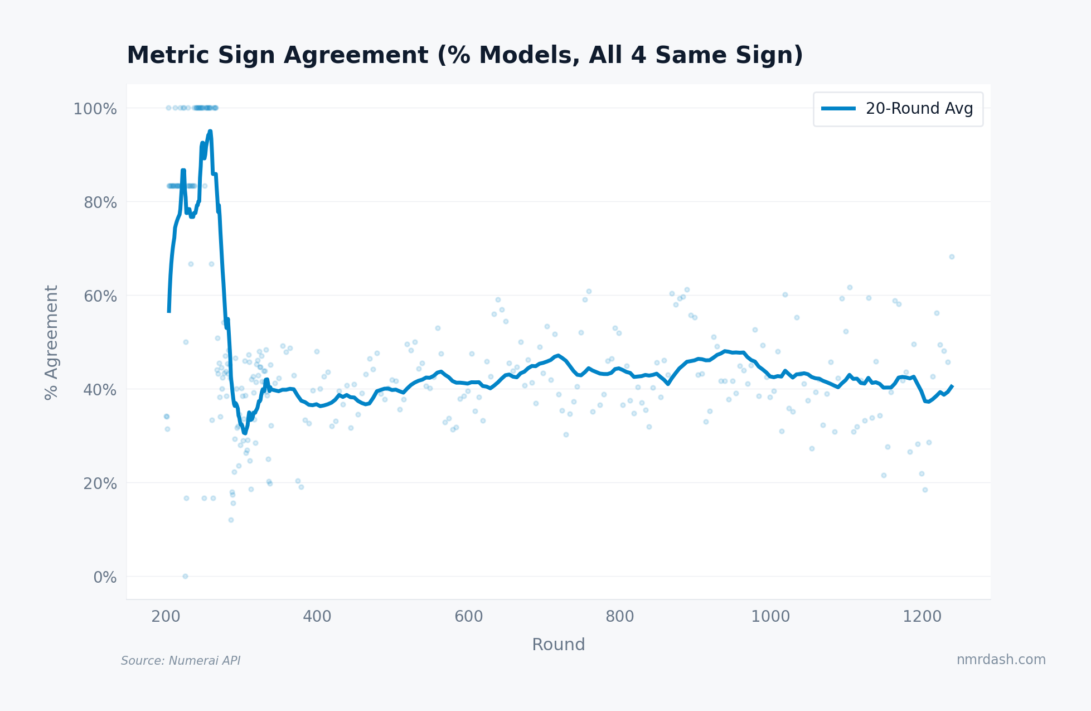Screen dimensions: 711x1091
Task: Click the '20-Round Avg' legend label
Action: pos(919,109)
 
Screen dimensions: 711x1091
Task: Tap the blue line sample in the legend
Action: pos(838,109)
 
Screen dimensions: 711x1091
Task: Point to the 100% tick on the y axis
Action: pos(95,109)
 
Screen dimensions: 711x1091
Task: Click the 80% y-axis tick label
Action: pos(100,202)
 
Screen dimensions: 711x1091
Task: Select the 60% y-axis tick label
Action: pos(100,296)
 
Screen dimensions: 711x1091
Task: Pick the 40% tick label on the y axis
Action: pos(100,390)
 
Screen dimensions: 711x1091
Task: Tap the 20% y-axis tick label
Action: pos(100,483)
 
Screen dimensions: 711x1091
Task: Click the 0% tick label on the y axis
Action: pos(105,577)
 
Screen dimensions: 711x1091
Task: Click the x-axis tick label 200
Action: pos(166,617)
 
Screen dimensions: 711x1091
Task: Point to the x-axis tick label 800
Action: pos(619,617)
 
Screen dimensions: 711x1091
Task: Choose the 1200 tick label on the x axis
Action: pos(922,617)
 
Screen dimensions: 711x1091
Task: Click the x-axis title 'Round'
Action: pos(558,645)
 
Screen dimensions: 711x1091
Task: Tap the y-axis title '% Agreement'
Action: pos(51,342)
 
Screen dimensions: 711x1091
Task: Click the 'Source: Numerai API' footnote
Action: pos(181,661)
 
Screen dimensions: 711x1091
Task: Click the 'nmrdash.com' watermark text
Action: pos(1001,660)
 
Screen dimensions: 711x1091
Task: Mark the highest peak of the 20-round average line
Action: pos(210,132)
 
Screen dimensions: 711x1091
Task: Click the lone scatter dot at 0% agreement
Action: pos(185,576)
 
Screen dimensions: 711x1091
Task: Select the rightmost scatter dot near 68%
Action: pos(952,257)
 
